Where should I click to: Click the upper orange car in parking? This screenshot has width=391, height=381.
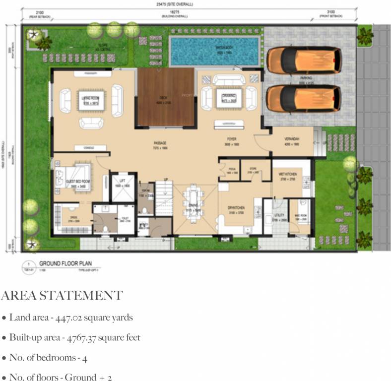pos(304,60)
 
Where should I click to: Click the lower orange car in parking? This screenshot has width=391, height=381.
pos(304,97)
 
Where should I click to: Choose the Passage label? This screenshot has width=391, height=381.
pos(159,143)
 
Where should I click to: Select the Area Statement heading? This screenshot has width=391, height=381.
pos(62,296)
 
